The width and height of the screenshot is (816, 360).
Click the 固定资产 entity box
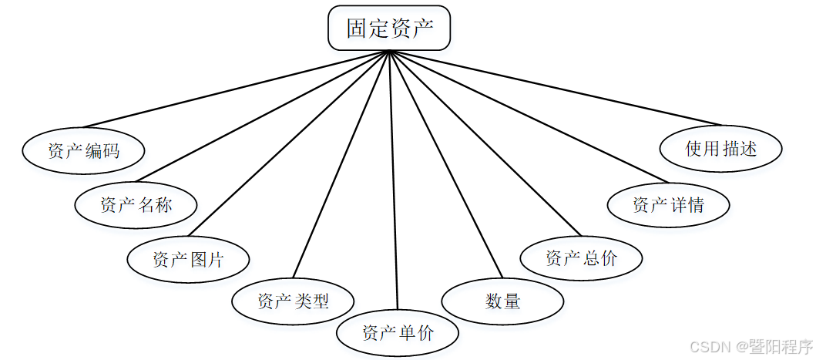[x=389, y=29]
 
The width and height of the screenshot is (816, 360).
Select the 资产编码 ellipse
[x=83, y=151]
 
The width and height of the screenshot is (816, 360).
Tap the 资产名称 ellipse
[x=136, y=205]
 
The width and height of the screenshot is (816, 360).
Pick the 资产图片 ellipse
[x=188, y=260]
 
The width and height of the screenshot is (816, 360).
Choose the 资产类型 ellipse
[x=294, y=301]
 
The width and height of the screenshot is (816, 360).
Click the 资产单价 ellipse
[x=398, y=334]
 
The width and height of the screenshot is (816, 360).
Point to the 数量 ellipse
[x=502, y=301]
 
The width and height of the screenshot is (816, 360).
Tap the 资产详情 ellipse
[x=668, y=205]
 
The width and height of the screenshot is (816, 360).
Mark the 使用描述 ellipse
[x=721, y=149]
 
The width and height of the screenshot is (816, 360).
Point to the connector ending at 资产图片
[x=289, y=143]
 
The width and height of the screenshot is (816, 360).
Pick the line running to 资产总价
[x=484, y=143]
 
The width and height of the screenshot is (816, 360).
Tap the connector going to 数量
[x=445, y=163]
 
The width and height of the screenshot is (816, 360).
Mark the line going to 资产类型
[x=341, y=163]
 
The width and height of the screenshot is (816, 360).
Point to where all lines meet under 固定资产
[x=389, y=52]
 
